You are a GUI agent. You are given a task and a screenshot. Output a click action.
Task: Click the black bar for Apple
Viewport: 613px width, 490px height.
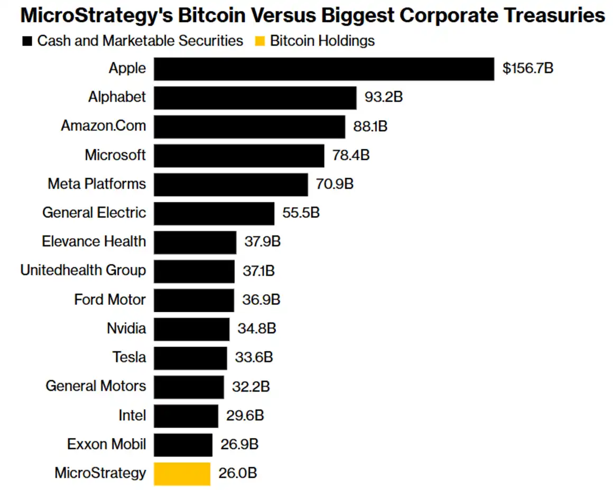point(323,69)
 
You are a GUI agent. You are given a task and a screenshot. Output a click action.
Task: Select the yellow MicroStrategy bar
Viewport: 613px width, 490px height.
point(182,473)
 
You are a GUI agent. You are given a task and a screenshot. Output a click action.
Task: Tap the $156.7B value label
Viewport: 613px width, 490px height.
point(528,69)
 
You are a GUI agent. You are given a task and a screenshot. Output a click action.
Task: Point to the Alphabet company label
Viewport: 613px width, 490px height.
point(117,97)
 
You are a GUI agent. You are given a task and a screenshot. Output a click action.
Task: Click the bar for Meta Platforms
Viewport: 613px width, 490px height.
point(230,184)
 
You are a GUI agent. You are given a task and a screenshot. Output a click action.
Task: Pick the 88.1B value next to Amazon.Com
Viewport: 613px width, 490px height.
point(370,126)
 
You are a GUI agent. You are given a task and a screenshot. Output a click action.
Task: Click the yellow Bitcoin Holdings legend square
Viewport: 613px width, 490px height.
point(259,41)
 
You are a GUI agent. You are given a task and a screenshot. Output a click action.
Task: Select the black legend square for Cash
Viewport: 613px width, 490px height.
point(27,41)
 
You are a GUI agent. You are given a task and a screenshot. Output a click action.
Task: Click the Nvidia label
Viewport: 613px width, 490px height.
point(126,328)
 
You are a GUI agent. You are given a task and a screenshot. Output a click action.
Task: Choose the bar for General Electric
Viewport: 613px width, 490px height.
point(214,213)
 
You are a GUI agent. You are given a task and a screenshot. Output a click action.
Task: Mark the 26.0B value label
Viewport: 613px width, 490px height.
point(237,473)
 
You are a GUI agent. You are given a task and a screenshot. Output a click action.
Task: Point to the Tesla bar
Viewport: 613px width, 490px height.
point(190,358)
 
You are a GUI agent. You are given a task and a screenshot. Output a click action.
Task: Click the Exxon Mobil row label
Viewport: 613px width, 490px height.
point(106,444)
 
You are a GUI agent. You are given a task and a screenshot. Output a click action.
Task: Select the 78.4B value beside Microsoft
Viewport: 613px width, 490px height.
point(350,156)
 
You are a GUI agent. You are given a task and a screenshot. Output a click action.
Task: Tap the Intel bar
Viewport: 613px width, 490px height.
point(185,415)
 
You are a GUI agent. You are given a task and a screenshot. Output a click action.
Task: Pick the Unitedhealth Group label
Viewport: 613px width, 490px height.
point(83,270)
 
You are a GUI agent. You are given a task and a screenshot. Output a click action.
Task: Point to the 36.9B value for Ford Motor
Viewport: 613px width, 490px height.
point(261,300)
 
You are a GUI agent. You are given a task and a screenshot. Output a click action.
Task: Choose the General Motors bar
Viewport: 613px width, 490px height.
point(189,387)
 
